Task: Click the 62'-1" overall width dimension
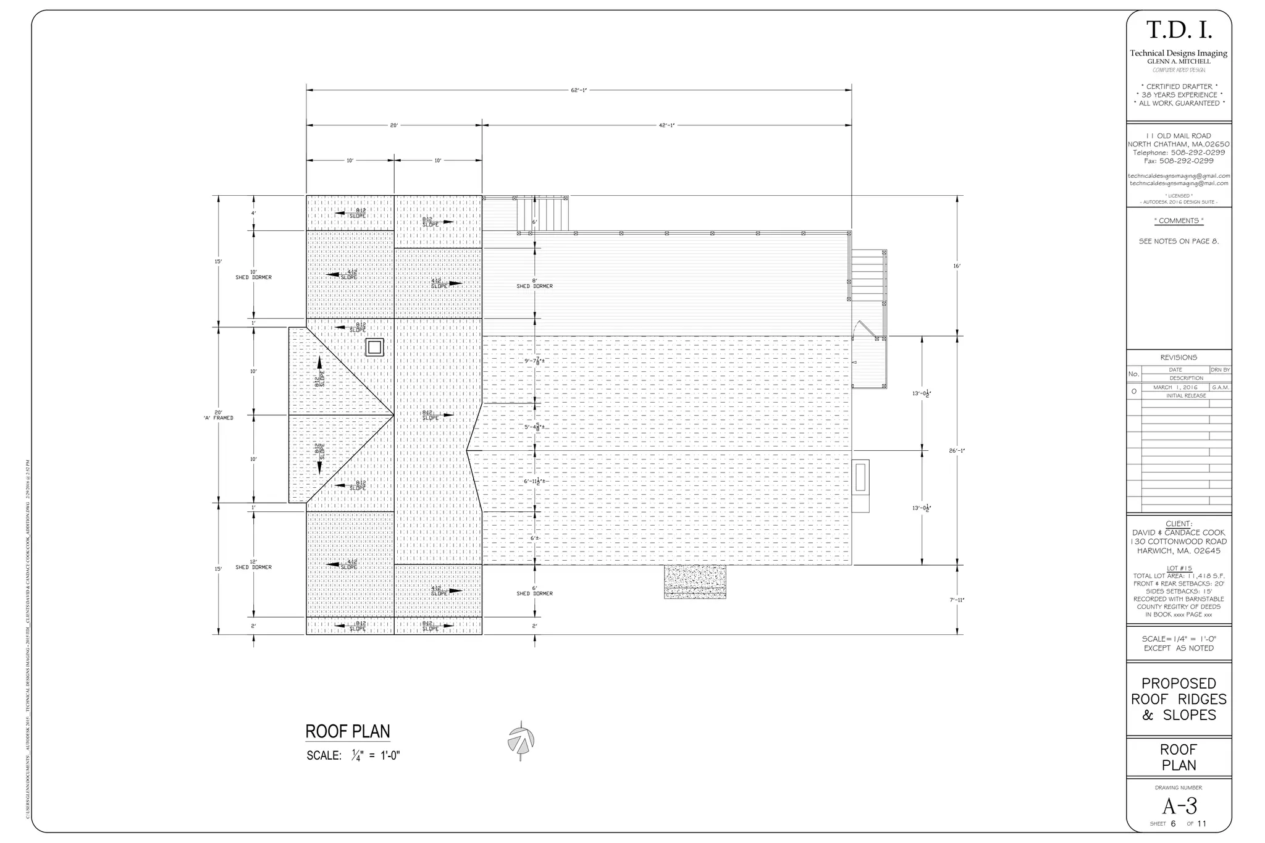[x=578, y=90]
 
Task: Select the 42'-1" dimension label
[x=666, y=125]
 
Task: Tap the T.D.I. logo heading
[x=1179, y=30]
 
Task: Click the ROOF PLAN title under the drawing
[x=348, y=732]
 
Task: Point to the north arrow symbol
[x=521, y=740]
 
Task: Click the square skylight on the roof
[x=374, y=347]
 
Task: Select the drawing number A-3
[x=1179, y=807]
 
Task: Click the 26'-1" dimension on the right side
[x=957, y=451]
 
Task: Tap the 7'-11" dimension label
[x=957, y=600]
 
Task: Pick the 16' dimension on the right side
[x=957, y=266]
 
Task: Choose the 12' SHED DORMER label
[x=253, y=564]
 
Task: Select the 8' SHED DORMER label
[x=534, y=283]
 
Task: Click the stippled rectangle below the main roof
[x=695, y=581]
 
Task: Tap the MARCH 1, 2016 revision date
[x=1175, y=387]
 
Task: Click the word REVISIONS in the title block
[x=1179, y=358]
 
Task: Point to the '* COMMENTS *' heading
[x=1179, y=220]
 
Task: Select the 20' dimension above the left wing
[x=393, y=125]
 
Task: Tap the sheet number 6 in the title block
[x=1173, y=824]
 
